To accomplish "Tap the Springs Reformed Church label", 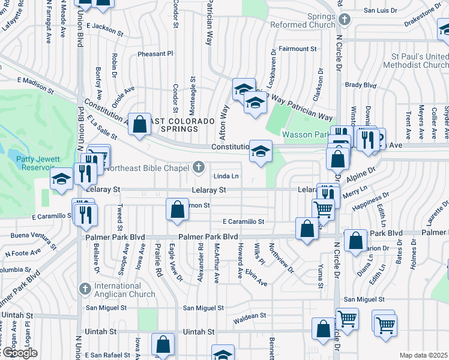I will [x=303, y=20].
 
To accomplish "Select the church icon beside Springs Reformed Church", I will [x=344, y=20].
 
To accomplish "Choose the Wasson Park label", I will [x=304, y=134].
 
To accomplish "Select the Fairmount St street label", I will [x=297, y=49].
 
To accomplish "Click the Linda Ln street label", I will [x=227, y=176].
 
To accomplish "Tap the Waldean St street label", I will [x=249, y=316].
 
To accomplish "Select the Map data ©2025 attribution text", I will [x=423, y=355].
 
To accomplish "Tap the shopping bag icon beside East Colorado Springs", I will [x=139, y=125].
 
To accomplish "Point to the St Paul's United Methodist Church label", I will [x=416, y=60].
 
